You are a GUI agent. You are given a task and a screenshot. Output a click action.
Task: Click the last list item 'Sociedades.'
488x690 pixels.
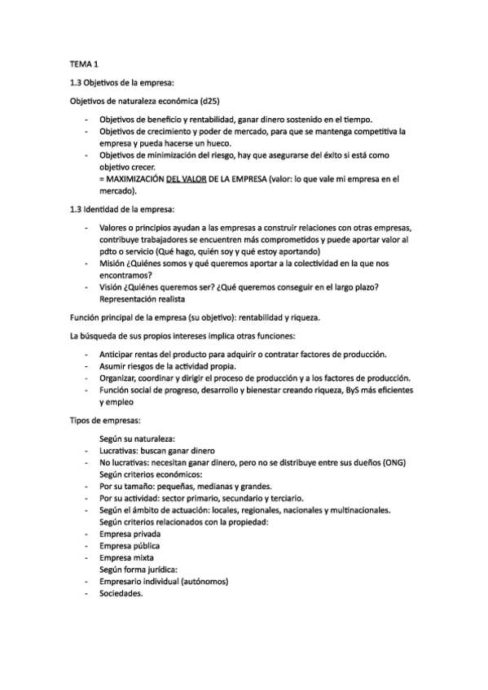coord(121,594)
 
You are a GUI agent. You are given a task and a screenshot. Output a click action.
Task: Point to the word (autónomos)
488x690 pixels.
coord(200,582)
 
